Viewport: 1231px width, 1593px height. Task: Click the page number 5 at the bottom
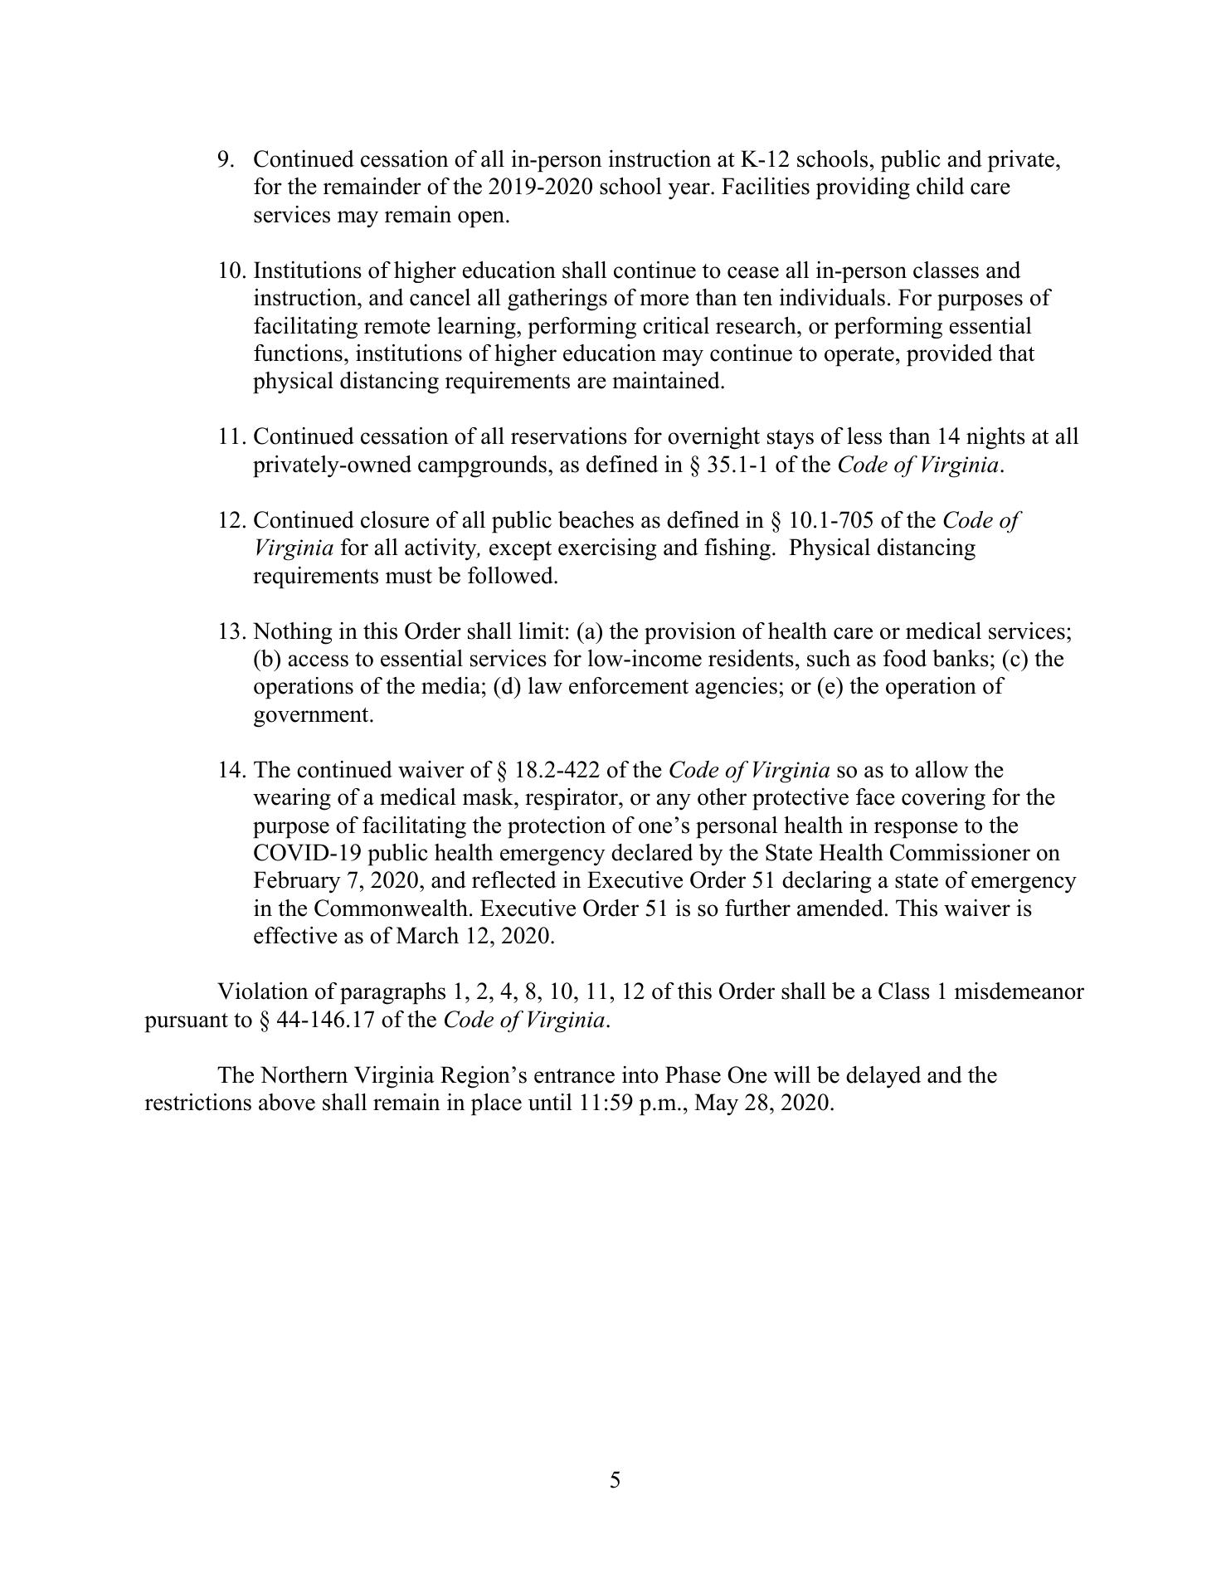(x=615, y=1480)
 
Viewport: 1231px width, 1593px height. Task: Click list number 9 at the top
(x=226, y=159)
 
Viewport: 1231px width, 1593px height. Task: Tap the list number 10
(x=231, y=271)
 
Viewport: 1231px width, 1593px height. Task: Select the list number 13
(x=231, y=632)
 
